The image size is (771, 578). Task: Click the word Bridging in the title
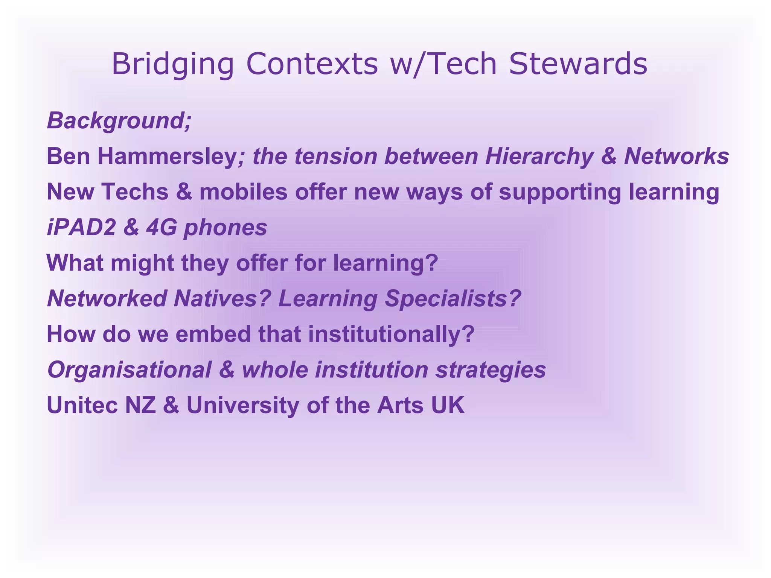click(x=173, y=64)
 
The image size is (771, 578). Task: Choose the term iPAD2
click(x=81, y=228)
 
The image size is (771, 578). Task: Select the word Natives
click(x=222, y=299)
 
